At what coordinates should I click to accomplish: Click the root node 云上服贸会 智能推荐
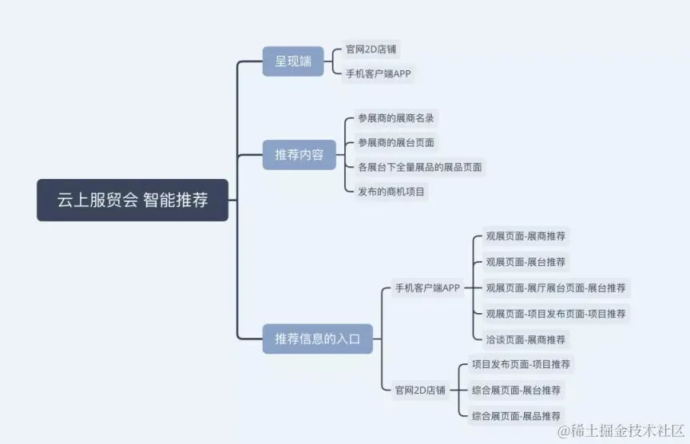click(133, 200)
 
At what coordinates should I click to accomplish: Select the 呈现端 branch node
click(293, 61)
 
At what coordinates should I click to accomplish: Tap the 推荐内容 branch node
click(299, 155)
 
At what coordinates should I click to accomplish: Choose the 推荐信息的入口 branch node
click(318, 339)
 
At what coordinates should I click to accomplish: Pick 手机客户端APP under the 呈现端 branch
click(379, 74)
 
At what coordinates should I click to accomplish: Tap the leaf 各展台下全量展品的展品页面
click(420, 168)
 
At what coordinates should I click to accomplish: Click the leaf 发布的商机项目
click(392, 192)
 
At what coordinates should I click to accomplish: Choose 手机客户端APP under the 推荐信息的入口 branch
click(427, 288)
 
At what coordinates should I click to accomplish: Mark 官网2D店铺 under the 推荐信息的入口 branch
click(421, 390)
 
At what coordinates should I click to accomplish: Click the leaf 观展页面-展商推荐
click(525, 236)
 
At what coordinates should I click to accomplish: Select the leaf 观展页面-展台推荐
click(525, 262)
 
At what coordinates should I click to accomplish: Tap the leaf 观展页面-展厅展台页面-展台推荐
click(556, 287)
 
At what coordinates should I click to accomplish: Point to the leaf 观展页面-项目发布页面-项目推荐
click(556, 313)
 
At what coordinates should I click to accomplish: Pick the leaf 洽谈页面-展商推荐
click(525, 339)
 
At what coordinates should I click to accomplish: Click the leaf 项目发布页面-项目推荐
click(521, 364)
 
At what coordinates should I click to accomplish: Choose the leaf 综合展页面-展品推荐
click(516, 416)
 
